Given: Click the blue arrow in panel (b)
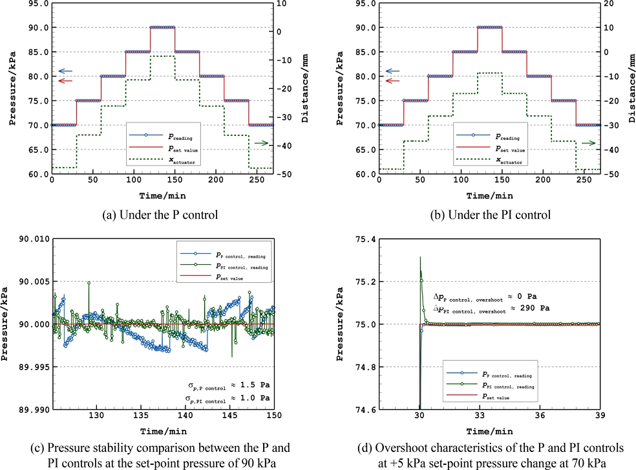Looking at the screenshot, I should point(393,71).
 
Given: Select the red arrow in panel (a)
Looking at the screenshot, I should point(65,81).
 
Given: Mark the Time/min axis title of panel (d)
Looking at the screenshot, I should point(491,431).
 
